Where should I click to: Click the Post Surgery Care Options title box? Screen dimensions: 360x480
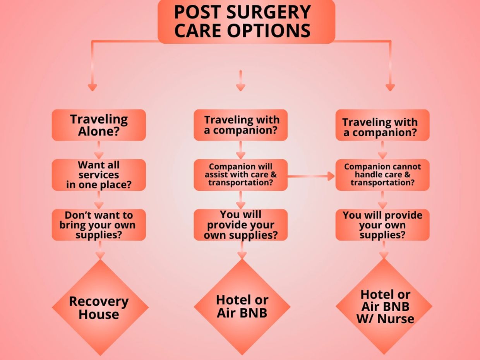[x=246, y=21]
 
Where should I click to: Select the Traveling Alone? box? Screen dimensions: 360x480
[x=99, y=125]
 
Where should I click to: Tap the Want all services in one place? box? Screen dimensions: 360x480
[x=99, y=175]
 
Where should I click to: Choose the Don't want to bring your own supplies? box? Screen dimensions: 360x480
[x=99, y=225]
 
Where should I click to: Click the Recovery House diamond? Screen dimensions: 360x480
[x=100, y=307]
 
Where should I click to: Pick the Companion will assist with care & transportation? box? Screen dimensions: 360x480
[x=240, y=175]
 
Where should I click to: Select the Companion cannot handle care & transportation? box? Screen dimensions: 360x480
[x=382, y=175]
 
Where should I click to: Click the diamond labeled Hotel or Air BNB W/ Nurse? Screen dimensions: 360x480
[x=384, y=306]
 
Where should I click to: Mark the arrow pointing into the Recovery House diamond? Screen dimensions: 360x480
[x=100, y=250]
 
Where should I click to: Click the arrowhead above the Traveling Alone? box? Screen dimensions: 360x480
[x=92, y=87]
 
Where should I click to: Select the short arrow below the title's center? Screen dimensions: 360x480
[x=240, y=81]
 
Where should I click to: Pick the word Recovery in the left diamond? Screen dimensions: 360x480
[x=99, y=301]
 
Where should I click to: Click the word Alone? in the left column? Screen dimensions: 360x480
[x=99, y=132]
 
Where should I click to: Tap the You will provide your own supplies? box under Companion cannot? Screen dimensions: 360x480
[x=382, y=225]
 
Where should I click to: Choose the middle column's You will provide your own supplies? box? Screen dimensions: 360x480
[x=240, y=225]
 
